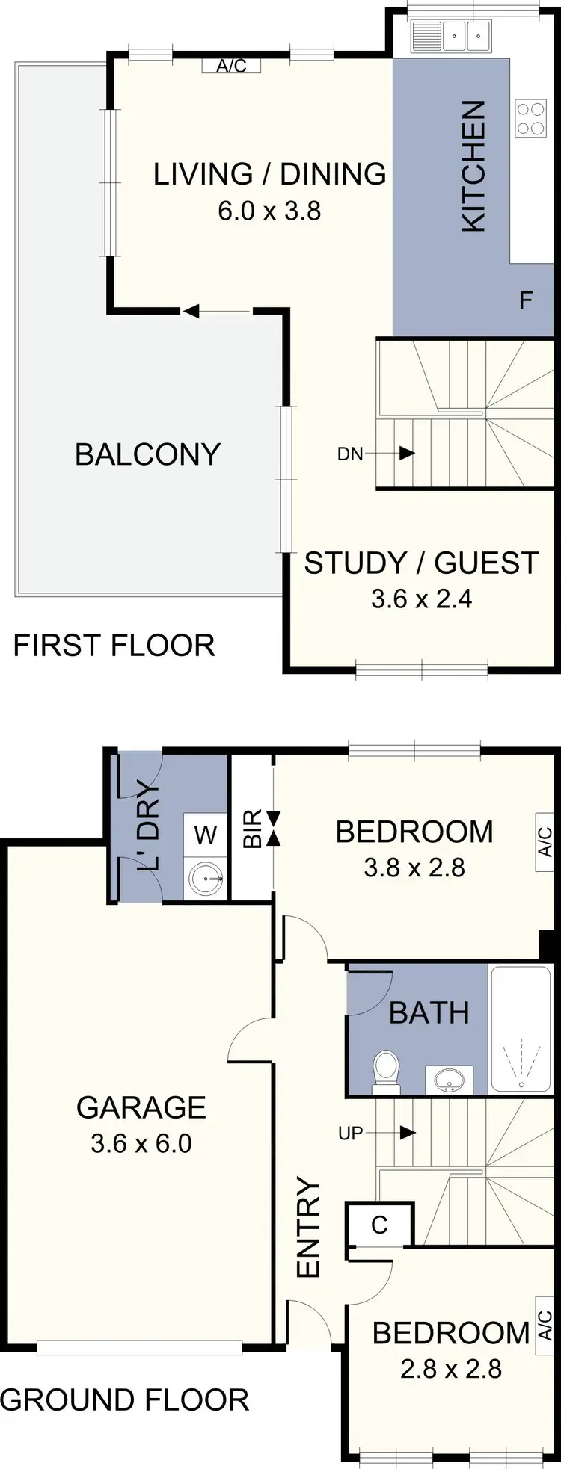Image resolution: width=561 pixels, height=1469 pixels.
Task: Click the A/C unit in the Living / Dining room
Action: coord(231,66)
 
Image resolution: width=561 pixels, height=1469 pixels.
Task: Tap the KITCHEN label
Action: coord(474,166)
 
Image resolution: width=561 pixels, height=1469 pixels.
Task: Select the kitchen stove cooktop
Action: coord(530,119)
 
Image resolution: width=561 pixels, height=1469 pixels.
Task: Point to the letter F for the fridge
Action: coord(526,300)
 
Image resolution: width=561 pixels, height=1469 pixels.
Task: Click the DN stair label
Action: coord(350,454)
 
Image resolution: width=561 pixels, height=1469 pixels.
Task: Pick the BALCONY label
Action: coord(147,454)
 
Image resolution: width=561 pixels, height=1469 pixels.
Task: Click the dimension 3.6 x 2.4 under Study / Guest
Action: coord(421,599)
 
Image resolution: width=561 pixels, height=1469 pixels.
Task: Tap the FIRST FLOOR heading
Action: coord(114,645)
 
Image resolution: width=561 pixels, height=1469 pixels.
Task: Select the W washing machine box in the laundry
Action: coord(206,835)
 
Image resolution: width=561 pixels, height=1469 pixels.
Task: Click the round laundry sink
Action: coord(205,879)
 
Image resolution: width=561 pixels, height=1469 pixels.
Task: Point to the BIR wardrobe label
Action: coord(253,829)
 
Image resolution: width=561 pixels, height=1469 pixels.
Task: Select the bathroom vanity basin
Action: coord(449,1079)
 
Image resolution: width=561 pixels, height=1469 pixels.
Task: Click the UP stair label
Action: coord(350,1134)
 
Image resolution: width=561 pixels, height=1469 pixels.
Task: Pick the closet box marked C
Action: coord(379,1225)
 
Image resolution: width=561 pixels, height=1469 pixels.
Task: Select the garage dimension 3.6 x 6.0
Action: coord(141,1144)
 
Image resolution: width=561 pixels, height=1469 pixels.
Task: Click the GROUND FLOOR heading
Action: coord(124,1400)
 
